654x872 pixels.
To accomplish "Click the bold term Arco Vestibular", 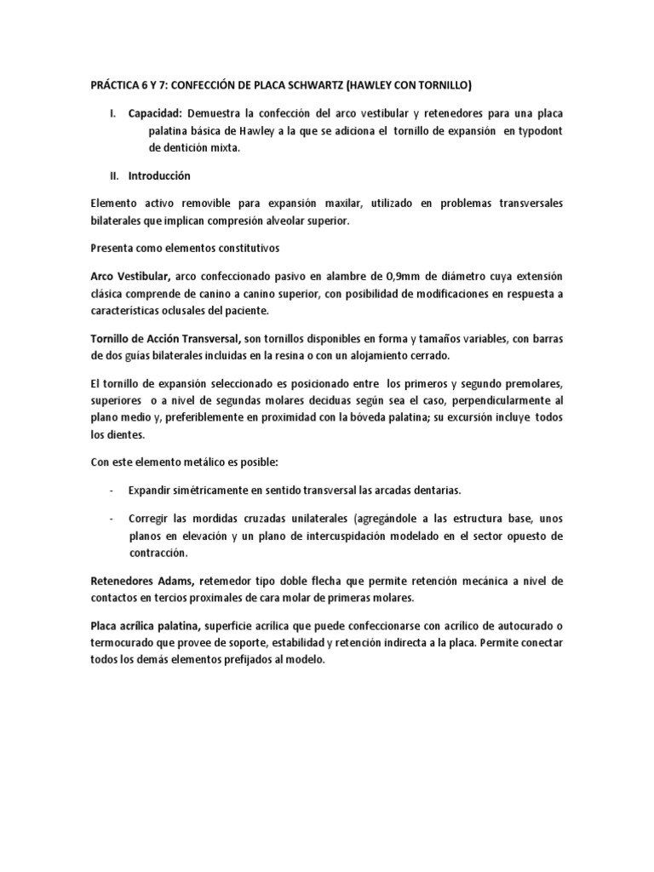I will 130,277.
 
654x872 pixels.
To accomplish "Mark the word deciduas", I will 364,401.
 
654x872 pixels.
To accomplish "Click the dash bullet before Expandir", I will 113,490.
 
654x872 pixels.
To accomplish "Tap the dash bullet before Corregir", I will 113,519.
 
